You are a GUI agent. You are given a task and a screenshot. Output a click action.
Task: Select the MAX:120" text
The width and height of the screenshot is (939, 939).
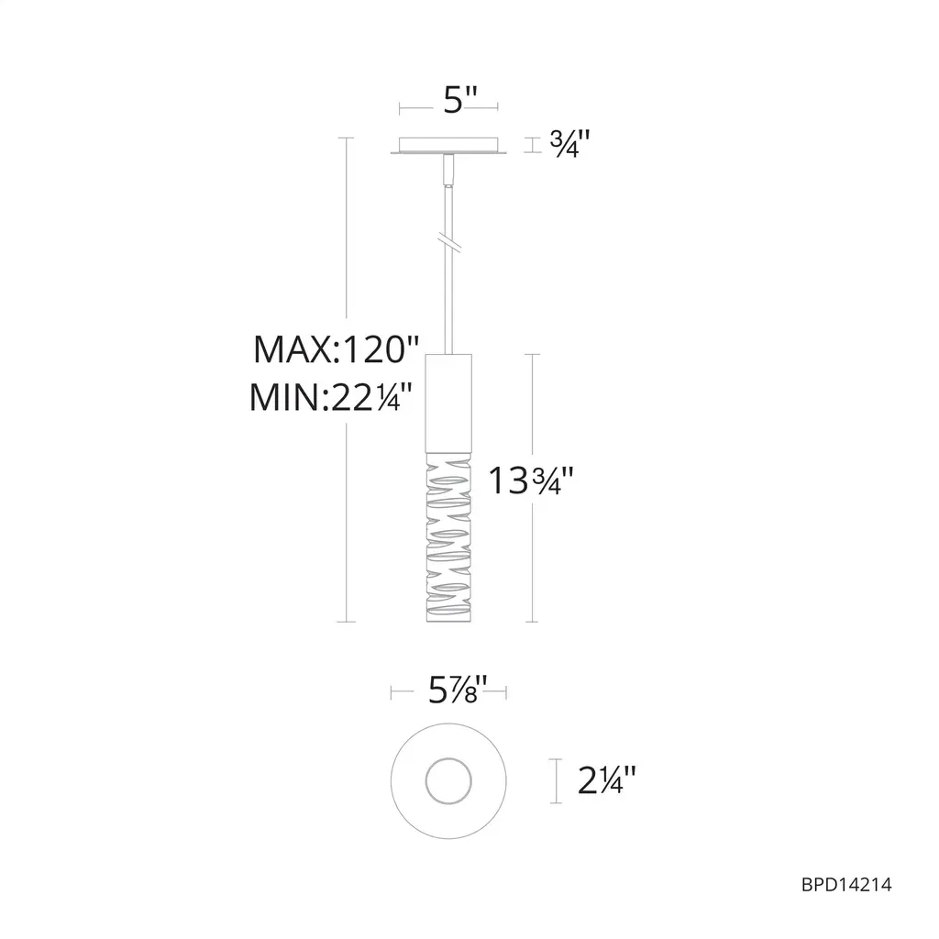[336, 349]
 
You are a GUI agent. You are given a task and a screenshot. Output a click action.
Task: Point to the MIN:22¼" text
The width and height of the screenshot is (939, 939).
[331, 396]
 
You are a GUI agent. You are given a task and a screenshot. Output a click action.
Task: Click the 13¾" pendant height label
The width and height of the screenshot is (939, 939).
[531, 481]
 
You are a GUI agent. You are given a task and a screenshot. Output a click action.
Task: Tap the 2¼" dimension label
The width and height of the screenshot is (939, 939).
[607, 781]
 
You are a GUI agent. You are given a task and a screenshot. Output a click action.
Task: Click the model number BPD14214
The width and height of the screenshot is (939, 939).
[846, 885]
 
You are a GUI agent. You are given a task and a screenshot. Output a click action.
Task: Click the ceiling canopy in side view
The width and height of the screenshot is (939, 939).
[448, 146]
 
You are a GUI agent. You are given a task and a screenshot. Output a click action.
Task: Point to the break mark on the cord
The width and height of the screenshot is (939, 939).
[448, 242]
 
